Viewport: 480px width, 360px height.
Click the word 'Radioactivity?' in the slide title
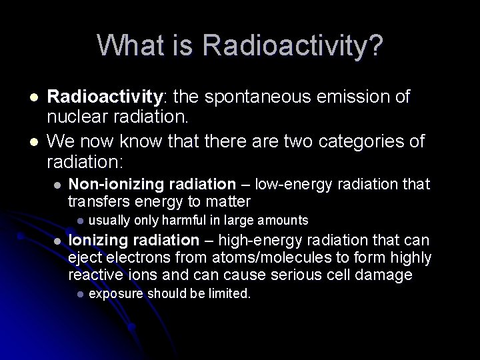(293, 46)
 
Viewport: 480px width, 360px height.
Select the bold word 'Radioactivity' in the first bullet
(105, 97)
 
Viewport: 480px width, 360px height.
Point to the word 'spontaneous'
(257, 97)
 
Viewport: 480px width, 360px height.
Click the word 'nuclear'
(73, 117)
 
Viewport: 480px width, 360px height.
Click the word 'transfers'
(98, 201)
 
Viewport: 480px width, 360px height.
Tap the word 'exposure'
(116, 294)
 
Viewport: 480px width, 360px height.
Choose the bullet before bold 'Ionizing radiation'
(58, 241)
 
